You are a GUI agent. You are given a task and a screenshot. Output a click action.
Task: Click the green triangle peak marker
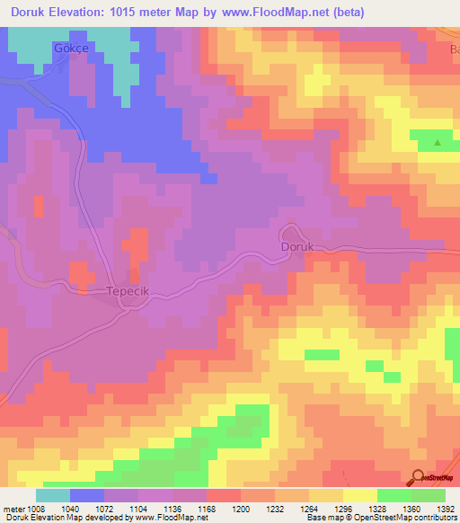[x=438, y=142]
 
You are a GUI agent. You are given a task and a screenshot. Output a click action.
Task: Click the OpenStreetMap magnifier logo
[x=418, y=477]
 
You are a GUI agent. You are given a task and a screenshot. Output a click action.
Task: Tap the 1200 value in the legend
[x=241, y=508]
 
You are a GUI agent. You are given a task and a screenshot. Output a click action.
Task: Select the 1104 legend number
[x=138, y=508]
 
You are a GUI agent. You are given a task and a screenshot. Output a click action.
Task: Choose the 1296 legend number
[x=342, y=508]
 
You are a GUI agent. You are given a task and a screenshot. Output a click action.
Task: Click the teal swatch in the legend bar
[x=53, y=495]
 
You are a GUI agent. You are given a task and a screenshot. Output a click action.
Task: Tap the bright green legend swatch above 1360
[x=394, y=495]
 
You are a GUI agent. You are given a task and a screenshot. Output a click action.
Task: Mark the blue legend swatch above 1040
[x=87, y=495]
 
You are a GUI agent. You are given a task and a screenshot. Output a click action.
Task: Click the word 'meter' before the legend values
[x=12, y=508]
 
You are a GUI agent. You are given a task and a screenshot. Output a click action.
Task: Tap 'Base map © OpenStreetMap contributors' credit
[x=381, y=518]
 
